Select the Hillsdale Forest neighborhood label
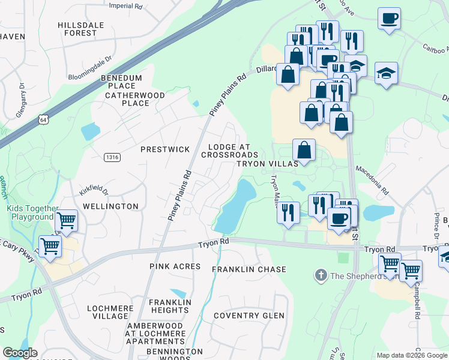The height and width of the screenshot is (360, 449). [81, 29]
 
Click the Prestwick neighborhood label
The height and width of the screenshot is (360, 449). [165, 149]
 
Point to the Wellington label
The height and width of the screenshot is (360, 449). [110, 206]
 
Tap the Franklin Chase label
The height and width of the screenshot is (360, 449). [249, 270]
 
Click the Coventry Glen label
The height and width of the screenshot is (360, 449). [249, 316]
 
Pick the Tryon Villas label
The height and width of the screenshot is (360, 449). [267, 164]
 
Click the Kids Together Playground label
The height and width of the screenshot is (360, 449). [30, 212]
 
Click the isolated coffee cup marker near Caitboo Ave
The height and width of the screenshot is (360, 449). [389, 18]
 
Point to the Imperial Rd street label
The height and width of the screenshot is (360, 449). [126, 5]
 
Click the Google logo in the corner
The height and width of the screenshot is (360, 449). [20, 353]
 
